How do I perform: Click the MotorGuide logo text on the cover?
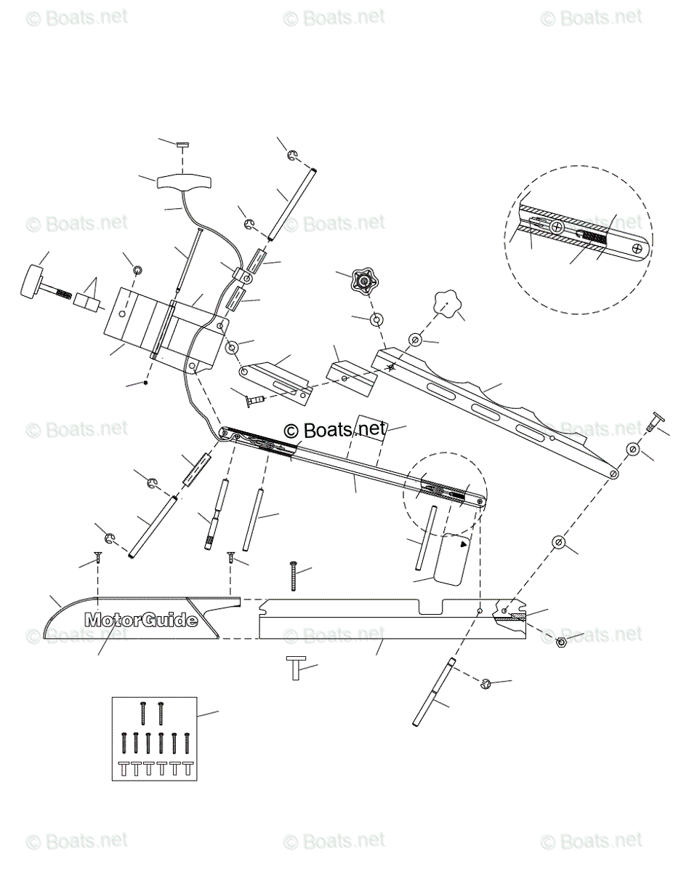coord(141,620)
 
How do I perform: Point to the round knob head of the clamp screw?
coord(31,281)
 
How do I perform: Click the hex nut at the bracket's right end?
coord(561,642)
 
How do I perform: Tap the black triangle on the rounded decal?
coord(464,545)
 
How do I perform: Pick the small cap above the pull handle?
coord(182,145)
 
